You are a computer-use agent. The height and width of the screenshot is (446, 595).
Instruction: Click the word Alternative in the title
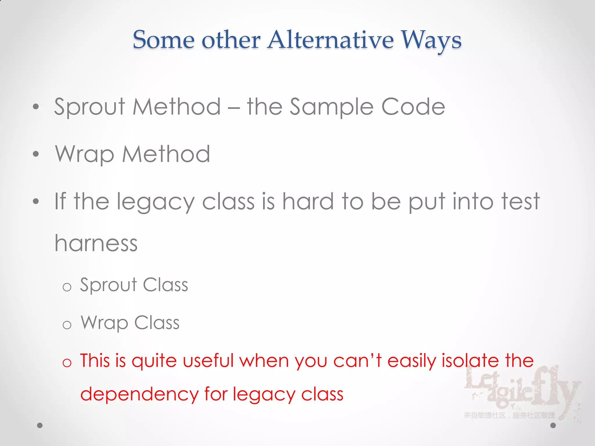[331, 40]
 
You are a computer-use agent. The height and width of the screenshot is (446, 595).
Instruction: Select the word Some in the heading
[164, 40]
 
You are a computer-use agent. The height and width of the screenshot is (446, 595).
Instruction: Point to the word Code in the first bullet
[413, 107]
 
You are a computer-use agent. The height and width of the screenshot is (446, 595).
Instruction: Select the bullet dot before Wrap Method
[36, 154]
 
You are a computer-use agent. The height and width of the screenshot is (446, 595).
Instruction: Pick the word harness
[96, 243]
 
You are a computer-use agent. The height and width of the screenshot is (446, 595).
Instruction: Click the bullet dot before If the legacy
[36, 201]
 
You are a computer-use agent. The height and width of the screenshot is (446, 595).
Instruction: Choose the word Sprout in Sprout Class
[108, 285]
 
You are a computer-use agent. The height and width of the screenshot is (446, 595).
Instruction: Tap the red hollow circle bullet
[67, 363]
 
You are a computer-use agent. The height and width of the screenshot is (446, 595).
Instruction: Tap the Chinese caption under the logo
[509, 416]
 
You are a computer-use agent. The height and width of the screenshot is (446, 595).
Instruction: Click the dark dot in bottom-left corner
[40, 425]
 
